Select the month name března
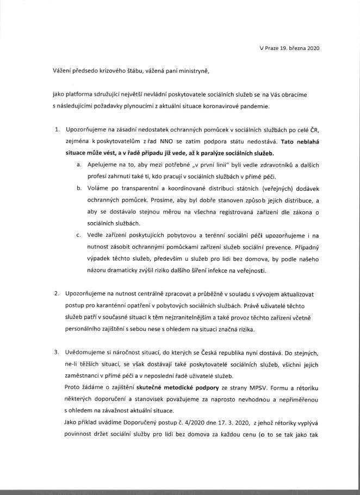click(299, 48)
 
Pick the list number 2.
click(57, 293)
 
